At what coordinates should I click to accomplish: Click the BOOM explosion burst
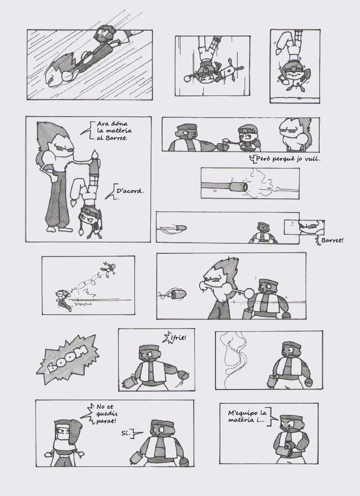(67, 359)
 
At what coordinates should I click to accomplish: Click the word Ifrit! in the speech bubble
(178, 338)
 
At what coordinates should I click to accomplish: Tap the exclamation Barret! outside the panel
(332, 241)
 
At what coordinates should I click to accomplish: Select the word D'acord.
(130, 191)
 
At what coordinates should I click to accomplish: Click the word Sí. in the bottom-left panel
(126, 433)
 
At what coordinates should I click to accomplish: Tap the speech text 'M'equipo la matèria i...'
(247, 417)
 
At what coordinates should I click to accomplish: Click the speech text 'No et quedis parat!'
(106, 414)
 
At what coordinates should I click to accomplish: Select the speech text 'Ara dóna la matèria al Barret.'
(114, 131)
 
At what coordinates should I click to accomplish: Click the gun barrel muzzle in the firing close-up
(238, 187)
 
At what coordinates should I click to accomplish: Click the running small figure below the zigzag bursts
(62, 300)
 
